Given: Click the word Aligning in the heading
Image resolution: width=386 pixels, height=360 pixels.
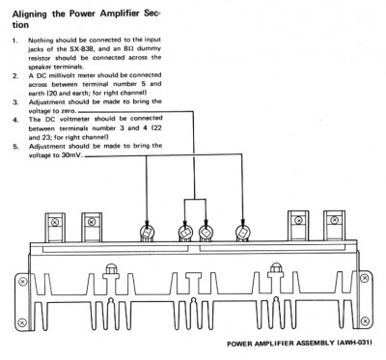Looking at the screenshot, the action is pos(30,14).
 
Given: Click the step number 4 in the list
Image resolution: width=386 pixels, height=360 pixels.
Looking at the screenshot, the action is pos(15,120).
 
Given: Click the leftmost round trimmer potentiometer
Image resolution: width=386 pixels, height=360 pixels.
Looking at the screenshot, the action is pos(147,232).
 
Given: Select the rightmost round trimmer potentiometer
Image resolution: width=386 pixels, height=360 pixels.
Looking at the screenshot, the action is pos(243,232).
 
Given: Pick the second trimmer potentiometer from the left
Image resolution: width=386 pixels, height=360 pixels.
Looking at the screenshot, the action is pos(185,232).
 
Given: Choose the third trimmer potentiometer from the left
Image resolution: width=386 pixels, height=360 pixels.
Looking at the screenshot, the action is pos(206,232).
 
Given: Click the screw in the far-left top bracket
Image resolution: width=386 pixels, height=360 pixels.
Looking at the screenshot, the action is pos(55,222).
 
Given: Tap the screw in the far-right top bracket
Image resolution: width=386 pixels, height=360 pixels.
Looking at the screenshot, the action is pos(335,220).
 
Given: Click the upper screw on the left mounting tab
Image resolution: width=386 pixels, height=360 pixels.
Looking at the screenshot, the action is pos(22,282).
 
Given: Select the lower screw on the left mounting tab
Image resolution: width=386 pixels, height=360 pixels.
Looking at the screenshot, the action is pos(22,321).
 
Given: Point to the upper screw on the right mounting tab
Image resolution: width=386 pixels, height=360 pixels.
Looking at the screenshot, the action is pos(364,278).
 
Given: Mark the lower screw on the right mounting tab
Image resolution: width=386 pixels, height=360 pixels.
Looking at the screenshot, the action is pos(364,320).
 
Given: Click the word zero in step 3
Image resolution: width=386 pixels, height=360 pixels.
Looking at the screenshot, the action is pos(69,111).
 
